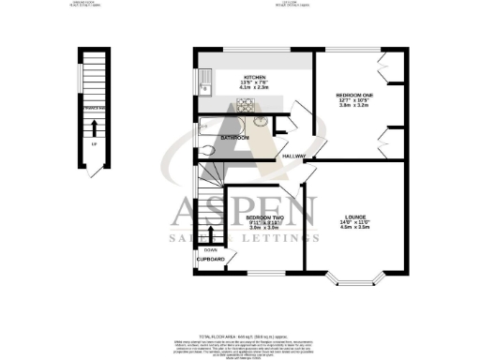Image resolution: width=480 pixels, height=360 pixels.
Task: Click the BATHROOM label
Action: click(x=233, y=139)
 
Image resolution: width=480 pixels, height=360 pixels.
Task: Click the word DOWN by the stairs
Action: click(x=210, y=249)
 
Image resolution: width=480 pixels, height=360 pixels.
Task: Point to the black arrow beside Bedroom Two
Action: click(x=211, y=235)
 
